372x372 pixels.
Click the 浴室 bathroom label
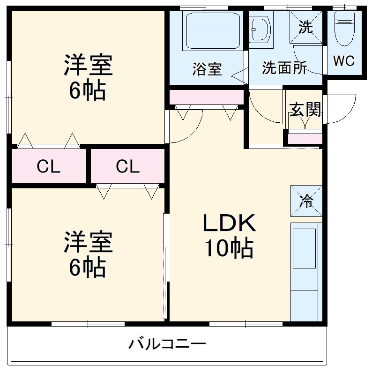click(x=207, y=69)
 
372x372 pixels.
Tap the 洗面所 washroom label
click(x=284, y=68)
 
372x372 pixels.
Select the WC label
click(x=344, y=61)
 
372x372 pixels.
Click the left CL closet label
click(x=49, y=166)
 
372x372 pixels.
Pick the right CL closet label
click(x=127, y=166)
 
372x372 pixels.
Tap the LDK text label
click(x=229, y=224)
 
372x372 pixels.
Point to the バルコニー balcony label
click(x=167, y=344)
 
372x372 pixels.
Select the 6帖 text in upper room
click(x=87, y=90)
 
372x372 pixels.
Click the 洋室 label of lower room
click(x=88, y=241)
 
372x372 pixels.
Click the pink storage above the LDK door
click(x=207, y=97)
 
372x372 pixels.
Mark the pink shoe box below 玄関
click(x=305, y=139)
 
